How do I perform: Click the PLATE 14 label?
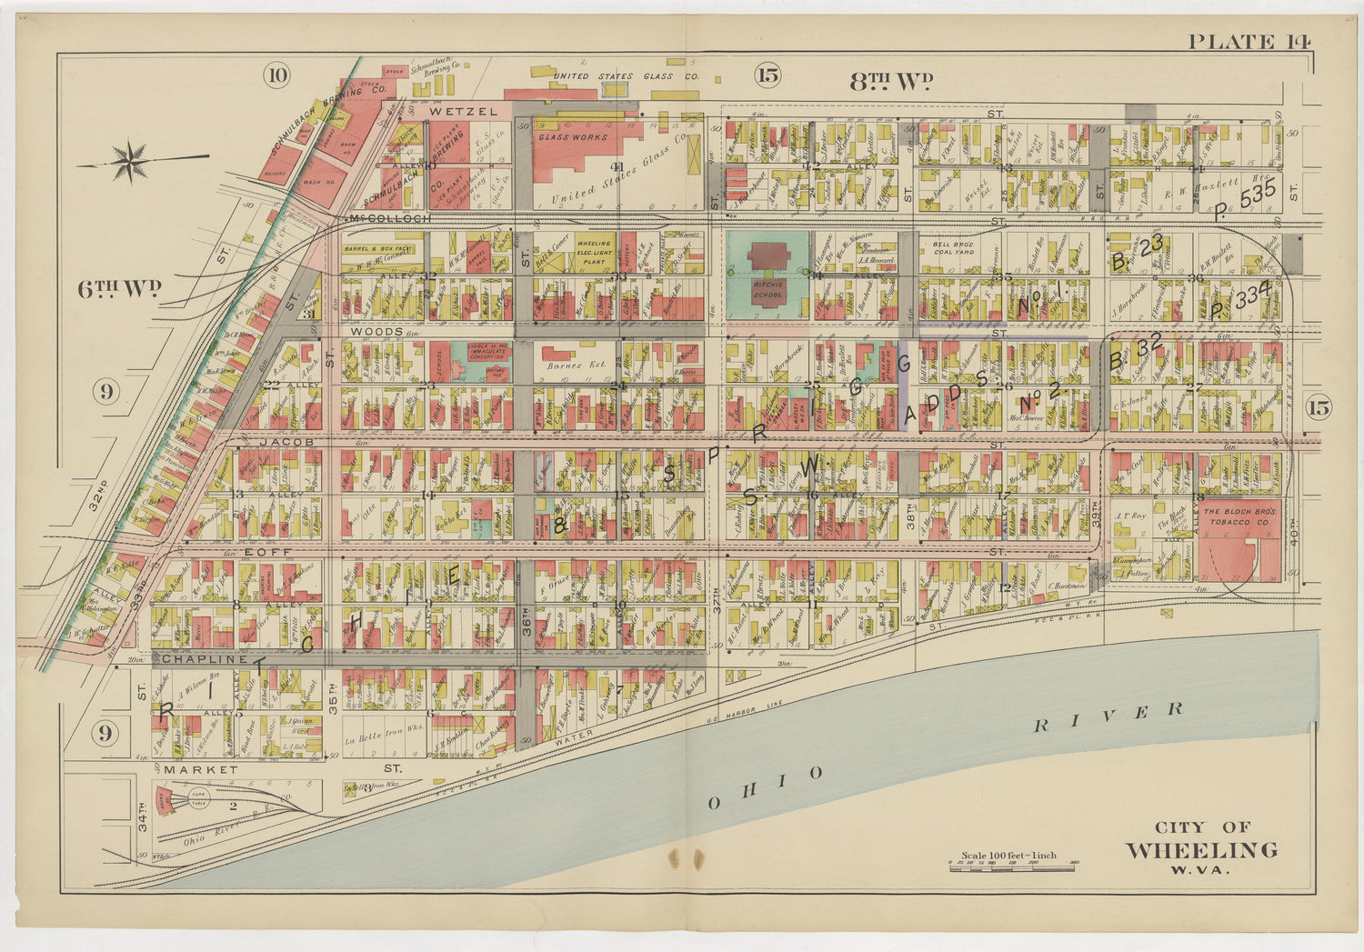tap(1249, 41)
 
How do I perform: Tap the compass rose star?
tap(134, 162)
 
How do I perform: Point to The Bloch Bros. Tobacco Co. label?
tap(1241, 516)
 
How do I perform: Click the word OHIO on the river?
tap(766, 788)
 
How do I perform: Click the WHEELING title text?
tap(1201, 850)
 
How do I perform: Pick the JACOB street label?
tap(286, 442)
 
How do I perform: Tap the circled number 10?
tap(276, 75)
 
